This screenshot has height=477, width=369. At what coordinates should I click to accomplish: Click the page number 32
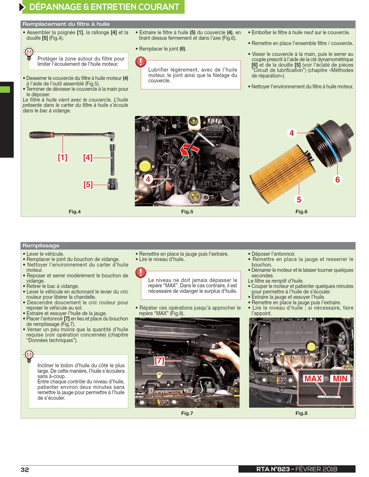tap(25, 470)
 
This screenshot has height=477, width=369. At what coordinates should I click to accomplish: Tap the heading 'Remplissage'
tap(41, 246)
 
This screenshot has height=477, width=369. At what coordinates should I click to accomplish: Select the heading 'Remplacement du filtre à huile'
tap(66, 24)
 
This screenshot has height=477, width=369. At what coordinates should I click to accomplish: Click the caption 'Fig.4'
tap(75, 212)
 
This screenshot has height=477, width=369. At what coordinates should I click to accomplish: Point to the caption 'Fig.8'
tap(301, 413)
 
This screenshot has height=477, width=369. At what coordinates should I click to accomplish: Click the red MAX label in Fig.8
tap(313, 378)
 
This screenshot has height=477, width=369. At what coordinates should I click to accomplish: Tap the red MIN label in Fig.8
tap(340, 378)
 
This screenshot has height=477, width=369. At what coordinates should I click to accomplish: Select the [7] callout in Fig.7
tap(159, 360)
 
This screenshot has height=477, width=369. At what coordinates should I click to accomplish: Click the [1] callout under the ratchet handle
tap(62, 157)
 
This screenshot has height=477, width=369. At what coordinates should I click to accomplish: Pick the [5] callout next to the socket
tap(88, 185)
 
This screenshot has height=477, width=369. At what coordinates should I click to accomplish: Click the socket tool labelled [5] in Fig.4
tap(113, 184)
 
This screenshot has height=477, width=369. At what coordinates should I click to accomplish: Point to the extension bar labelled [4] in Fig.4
tap(112, 160)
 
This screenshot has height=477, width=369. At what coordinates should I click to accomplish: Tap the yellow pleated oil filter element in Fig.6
tap(282, 174)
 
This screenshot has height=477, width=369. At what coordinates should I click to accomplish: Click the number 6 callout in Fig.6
tap(338, 180)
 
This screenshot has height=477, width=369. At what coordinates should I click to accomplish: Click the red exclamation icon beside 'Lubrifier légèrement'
tap(141, 62)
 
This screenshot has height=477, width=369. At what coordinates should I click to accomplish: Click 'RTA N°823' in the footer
tap(273, 469)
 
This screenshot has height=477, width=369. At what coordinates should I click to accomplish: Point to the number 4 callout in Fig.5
tap(148, 179)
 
